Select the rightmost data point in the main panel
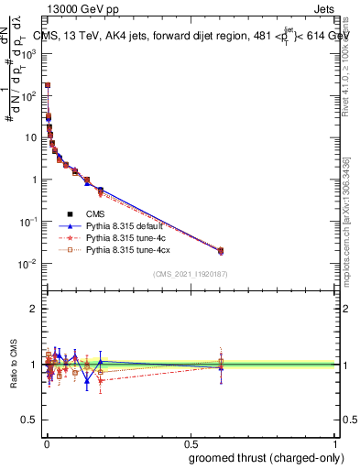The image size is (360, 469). pyautogui.click(x=220, y=251)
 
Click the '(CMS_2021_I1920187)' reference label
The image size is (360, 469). pyautogui.click(x=190, y=273)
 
